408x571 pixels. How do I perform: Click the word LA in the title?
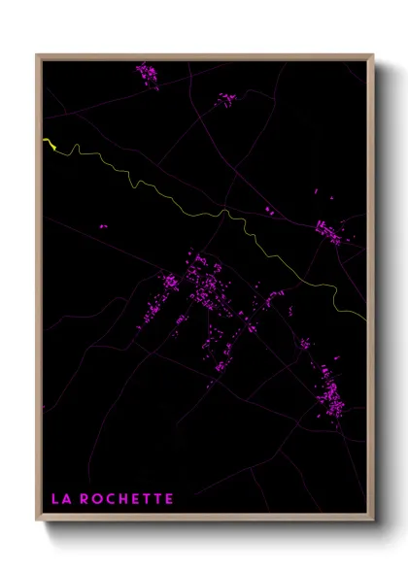(x=61, y=499)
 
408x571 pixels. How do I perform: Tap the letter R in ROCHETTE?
(x=86, y=499)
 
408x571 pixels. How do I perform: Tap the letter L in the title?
(x=55, y=499)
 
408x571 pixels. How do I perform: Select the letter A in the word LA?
(x=66, y=499)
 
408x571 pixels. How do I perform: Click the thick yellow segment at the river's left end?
(x=50, y=145)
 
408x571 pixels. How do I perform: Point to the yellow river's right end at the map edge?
(x=364, y=317)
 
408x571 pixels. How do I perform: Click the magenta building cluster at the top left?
(x=147, y=74)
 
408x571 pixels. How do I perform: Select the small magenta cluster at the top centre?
(x=225, y=98)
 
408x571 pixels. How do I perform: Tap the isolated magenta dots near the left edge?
(x=102, y=227)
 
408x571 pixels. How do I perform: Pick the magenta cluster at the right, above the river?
(x=327, y=230)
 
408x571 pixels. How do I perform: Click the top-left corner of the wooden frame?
(x=38, y=55)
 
